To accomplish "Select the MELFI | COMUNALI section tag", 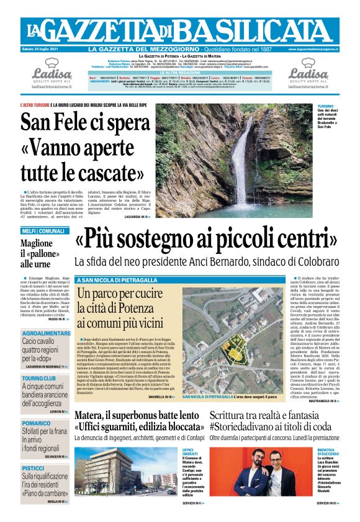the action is click(x=42, y=231).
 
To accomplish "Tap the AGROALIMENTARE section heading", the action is click(x=46, y=333).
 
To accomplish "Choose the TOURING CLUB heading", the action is click(x=39, y=377).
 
